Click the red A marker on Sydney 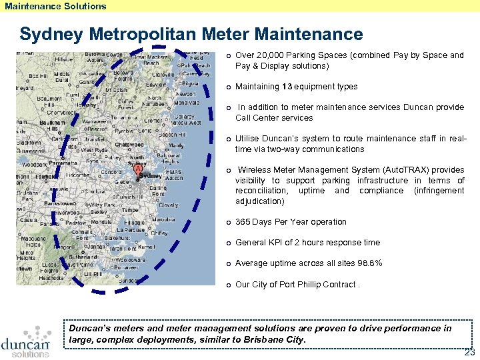click(x=138, y=170)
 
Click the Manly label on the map click(x=176, y=145)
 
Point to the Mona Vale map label click(x=187, y=103)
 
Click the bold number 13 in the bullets click(x=287, y=87)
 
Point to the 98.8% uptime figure click(x=369, y=263)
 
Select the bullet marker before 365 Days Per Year click(x=228, y=222)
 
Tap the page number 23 click(x=469, y=351)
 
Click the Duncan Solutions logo click(x=25, y=341)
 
